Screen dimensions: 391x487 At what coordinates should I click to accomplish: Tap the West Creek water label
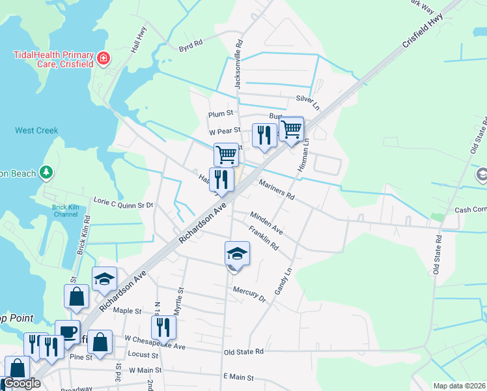(x=36, y=130)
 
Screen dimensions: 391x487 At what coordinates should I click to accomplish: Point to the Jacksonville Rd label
(x=238, y=66)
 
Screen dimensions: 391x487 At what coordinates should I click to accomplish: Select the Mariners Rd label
(x=277, y=190)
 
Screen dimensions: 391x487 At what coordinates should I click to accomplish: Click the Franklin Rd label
(x=264, y=237)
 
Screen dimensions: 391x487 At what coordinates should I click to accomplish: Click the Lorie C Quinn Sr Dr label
(x=123, y=204)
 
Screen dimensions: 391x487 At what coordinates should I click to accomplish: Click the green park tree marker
(x=46, y=172)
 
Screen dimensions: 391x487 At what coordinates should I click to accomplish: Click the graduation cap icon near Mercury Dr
(x=237, y=254)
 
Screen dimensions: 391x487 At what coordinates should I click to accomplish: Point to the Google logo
(x=21, y=383)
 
